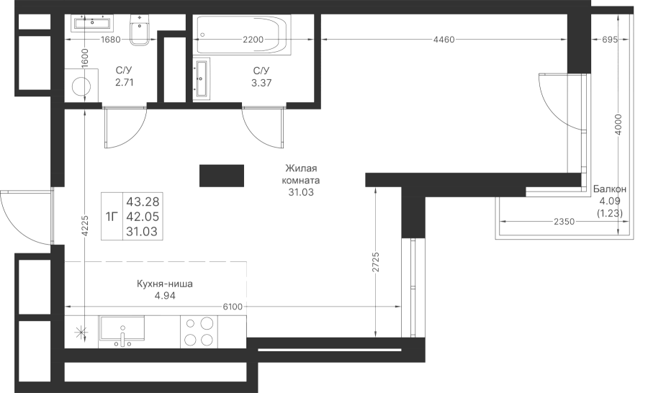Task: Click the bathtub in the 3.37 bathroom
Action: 243,35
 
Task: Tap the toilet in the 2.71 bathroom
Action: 141,30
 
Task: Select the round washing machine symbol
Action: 81,86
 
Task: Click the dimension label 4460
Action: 444,40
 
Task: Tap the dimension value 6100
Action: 233,307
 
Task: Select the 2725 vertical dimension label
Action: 375,263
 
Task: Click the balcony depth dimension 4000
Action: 618,125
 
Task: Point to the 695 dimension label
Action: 610,40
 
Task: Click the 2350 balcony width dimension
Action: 564,222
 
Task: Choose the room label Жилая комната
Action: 301,174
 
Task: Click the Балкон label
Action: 610,189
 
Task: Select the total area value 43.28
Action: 143,202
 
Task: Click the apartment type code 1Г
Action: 112,217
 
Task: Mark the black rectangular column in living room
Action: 222,176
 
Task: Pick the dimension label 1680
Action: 110,40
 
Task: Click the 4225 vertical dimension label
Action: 85,225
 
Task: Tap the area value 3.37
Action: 261,83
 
